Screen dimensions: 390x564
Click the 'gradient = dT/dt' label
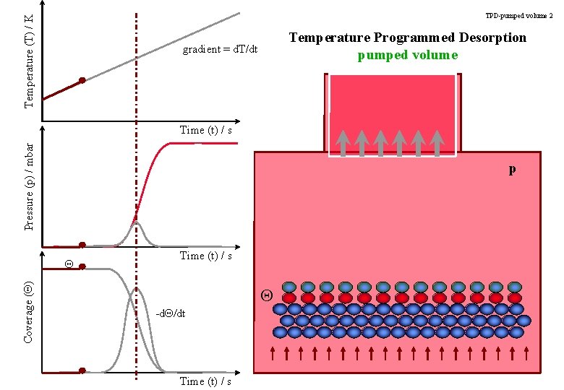220,50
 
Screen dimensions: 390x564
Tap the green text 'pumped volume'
408,55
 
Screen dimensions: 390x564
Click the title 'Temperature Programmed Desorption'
408,38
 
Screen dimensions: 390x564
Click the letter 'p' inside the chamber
512,169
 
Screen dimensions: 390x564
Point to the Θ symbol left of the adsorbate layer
266,295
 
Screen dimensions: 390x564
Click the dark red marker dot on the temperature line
82,80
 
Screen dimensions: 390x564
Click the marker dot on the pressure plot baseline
82,245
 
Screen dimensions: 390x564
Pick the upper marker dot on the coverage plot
82,266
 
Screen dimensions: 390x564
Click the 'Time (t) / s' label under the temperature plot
205,130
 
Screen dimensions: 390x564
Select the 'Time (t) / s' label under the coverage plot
205,381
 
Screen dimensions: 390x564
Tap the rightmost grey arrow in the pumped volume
436,142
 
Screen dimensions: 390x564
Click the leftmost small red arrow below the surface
273,353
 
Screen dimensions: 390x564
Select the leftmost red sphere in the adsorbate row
289,298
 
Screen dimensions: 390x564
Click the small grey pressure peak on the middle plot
137,227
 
